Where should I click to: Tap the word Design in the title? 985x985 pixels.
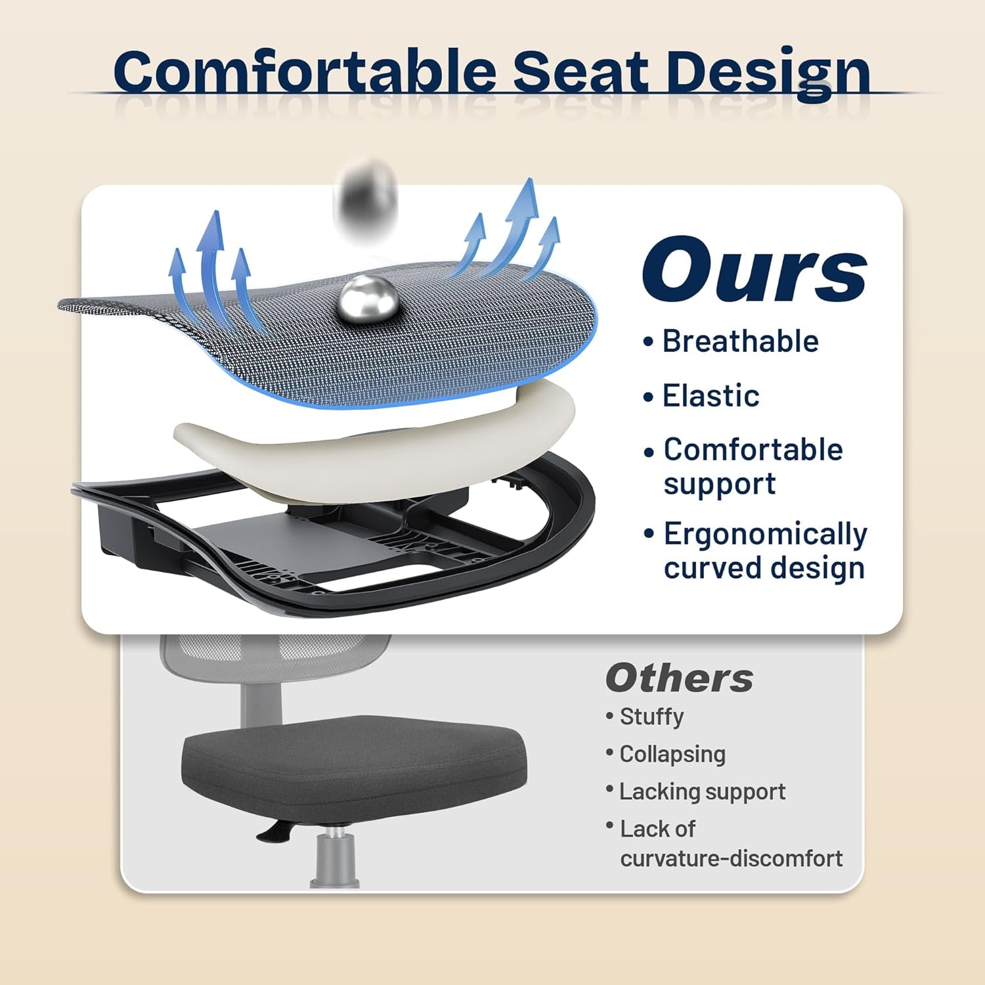point(768,72)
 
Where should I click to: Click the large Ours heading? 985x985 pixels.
point(755,271)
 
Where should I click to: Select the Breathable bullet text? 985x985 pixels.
point(740,341)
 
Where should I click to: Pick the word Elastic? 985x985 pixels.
point(711,396)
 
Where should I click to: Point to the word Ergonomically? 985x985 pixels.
point(765,534)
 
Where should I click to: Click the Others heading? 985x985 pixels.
point(679,678)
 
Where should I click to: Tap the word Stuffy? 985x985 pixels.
point(651,716)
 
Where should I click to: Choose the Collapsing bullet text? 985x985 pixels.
point(672,754)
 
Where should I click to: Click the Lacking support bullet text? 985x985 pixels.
point(702,792)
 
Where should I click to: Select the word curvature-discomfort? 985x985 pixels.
point(731,858)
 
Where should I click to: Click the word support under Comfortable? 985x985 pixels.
point(720,485)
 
